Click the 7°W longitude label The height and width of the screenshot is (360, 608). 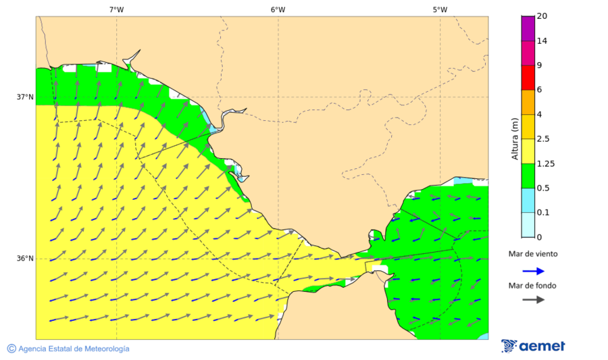tap(116, 9)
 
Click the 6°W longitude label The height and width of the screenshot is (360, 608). tap(278, 9)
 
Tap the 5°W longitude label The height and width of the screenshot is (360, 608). tap(440, 9)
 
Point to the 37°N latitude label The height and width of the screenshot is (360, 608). tap(25, 97)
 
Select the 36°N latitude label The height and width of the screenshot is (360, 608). tap(25, 259)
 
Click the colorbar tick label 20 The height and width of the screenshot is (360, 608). tap(542, 16)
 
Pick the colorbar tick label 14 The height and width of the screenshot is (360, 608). tap(542, 41)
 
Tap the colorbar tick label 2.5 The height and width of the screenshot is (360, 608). tap(542, 139)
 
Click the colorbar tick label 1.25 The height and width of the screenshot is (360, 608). tap(544, 163)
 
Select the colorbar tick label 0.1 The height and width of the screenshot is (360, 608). tap(542, 213)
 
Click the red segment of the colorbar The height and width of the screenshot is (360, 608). tap(528, 78)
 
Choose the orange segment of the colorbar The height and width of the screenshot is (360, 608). tap(528, 102)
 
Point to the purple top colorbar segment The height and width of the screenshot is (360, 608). tap(528, 28)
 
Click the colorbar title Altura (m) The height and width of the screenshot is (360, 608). tap(515, 138)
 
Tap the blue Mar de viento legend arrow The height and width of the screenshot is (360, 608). tap(533, 271)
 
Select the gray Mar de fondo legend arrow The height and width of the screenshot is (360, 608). tap(533, 299)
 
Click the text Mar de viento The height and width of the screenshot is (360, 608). tap(533, 254)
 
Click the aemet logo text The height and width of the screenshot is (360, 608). tap(542, 346)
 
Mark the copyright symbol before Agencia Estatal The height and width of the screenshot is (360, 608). tap(11, 349)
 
